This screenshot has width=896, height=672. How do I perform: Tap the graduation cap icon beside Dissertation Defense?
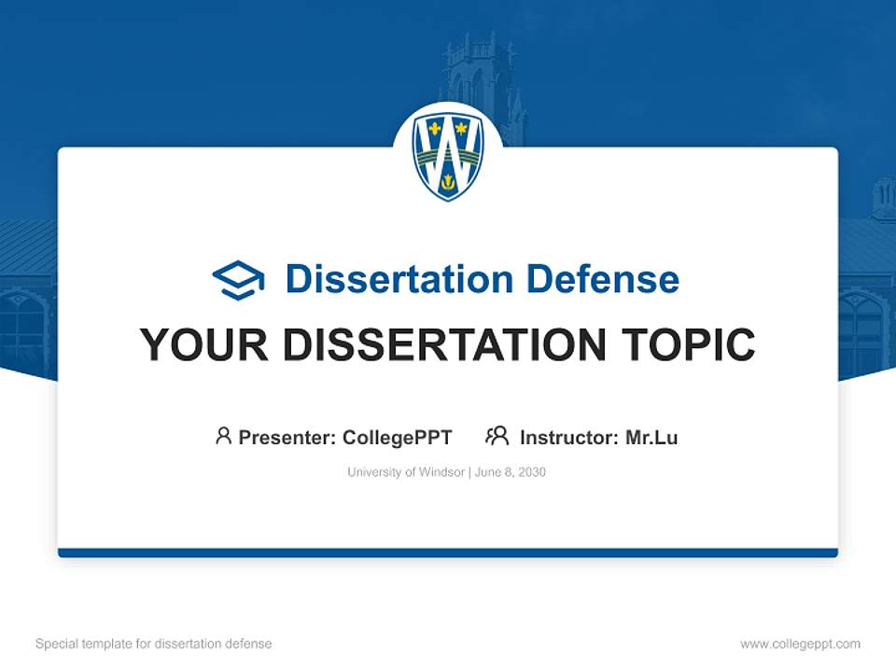[x=238, y=280]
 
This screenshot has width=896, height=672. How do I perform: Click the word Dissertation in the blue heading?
[x=399, y=279]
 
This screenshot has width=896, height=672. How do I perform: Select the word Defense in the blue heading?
[x=602, y=279]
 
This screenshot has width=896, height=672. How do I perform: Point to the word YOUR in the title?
[x=204, y=345]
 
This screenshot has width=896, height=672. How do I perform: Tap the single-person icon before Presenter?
[x=223, y=436]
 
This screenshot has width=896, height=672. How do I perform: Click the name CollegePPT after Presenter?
[x=397, y=437]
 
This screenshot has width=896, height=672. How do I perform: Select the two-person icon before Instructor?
[x=497, y=436]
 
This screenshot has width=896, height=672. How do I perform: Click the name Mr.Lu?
[x=651, y=437]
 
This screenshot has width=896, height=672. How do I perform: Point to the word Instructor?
[x=568, y=437]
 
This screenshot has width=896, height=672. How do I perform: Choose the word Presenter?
[x=287, y=437]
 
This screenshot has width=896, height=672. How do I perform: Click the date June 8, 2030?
[x=511, y=472]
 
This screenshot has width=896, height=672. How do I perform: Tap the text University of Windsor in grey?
[x=405, y=472]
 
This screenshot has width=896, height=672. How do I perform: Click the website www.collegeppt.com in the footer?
[x=800, y=644]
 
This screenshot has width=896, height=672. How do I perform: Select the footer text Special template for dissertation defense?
[x=154, y=644]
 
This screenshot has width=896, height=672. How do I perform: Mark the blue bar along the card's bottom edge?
[x=448, y=553]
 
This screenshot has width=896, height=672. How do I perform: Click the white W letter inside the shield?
[x=448, y=149]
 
